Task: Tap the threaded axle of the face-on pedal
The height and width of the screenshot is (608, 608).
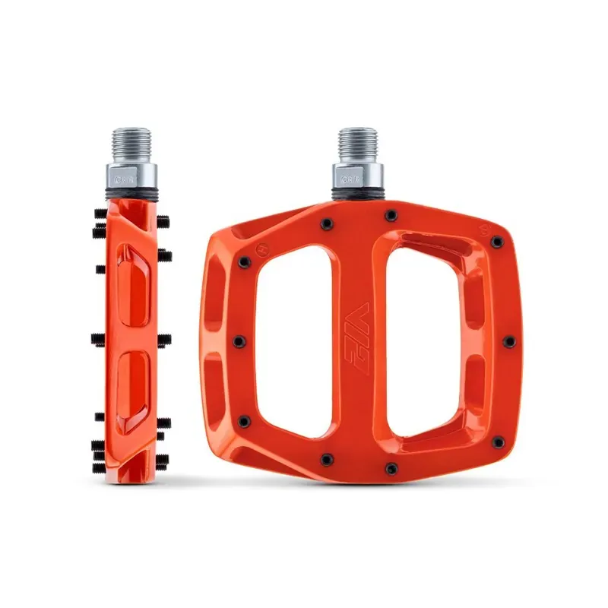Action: point(359,144)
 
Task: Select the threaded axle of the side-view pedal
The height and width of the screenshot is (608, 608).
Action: point(131,144)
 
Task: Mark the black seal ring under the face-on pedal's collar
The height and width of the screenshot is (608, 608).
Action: point(359,198)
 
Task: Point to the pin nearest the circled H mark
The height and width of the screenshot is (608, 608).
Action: point(245,262)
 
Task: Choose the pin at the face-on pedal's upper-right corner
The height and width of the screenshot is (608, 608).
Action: point(497,242)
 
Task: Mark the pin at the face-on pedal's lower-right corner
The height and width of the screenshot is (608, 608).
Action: point(496,440)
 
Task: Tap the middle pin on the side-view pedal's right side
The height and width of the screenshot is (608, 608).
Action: point(165,339)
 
